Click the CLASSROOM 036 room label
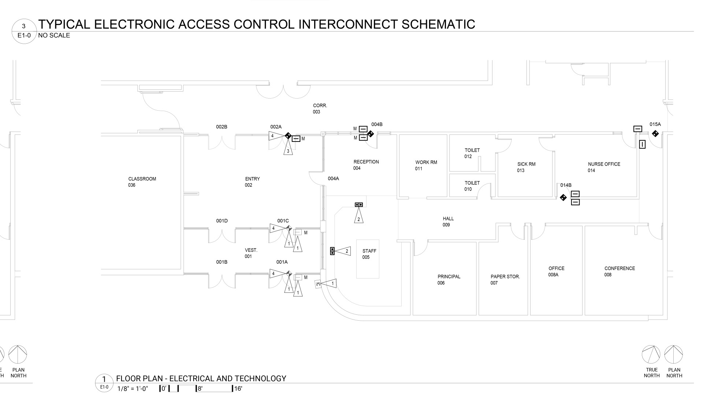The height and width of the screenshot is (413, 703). pyautogui.click(x=142, y=182)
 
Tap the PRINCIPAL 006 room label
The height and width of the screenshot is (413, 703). pyautogui.click(x=449, y=280)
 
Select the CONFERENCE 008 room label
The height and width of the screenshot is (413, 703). pyautogui.click(x=619, y=271)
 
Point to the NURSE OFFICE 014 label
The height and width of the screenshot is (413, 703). pyautogui.click(x=604, y=167)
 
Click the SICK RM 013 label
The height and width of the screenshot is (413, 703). pyautogui.click(x=526, y=167)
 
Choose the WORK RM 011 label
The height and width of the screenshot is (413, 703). pyautogui.click(x=426, y=165)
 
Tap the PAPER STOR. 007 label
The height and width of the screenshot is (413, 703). pyautogui.click(x=505, y=280)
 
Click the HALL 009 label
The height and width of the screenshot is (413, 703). pyautogui.click(x=448, y=222)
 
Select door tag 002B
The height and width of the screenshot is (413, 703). pyautogui.click(x=222, y=127)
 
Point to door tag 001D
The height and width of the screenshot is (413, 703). pyautogui.click(x=222, y=221)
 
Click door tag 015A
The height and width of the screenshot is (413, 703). pyautogui.click(x=655, y=124)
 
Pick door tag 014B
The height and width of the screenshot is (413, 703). pyautogui.click(x=566, y=185)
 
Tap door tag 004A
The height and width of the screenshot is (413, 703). pyautogui.click(x=333, y=178)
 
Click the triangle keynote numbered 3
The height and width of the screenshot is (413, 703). pyautogui.click(x=288, y=150)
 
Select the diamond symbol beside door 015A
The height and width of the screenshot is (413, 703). pyautogui.click(x=655, y=134)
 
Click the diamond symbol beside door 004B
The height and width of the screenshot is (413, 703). pyautogui.click(x=370, y=134)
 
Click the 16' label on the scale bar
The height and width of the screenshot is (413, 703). pyautogui.click(x=238, y=388)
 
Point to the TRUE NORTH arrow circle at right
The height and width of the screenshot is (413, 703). pyautogui.click(x=651, y=354)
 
